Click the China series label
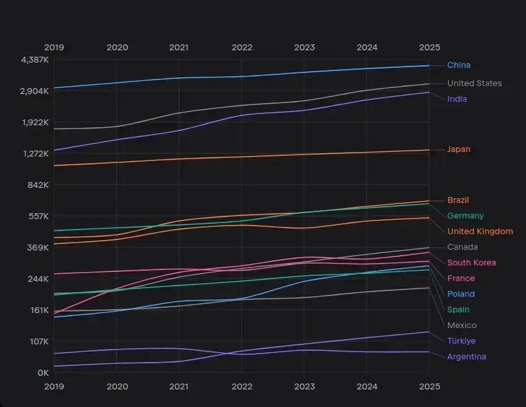(458, 65)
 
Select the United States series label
(474, 83)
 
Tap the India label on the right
(456, 99)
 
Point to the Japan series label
(458, 149)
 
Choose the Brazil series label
(458, 200)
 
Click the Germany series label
(465, 216)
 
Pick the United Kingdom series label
(480, 232)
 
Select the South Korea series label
(471, 263)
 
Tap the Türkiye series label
(461, 341)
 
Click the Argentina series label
(466, 357)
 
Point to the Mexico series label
(462, 325)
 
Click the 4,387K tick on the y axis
(35, 60)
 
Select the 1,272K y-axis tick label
(35, 154)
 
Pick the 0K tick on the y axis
(43, 373)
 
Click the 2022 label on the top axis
(242, 48)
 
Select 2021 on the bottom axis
(179, 386)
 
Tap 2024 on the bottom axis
(367, 386)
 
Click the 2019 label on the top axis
(54, 48)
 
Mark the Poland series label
(461, 294)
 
